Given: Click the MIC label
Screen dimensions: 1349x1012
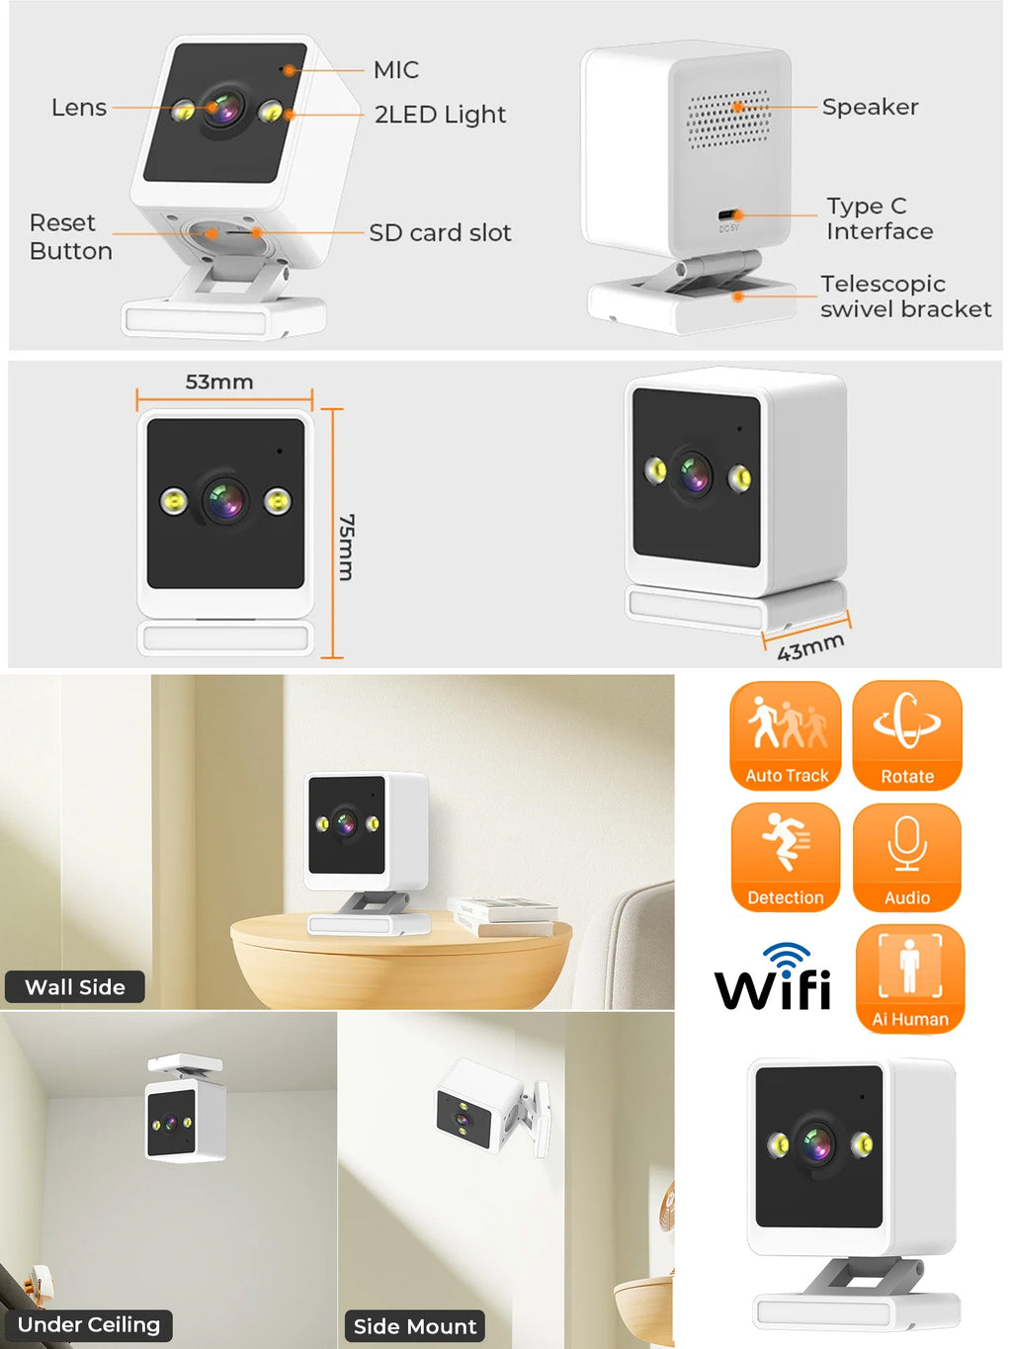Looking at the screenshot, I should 395,70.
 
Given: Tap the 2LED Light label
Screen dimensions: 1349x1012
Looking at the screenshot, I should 440,115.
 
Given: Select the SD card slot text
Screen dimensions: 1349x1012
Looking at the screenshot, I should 440,233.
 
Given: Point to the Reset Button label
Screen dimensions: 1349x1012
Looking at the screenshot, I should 70,237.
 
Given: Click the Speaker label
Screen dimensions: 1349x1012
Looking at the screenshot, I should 870,107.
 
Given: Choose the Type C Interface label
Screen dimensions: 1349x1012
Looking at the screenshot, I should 879,218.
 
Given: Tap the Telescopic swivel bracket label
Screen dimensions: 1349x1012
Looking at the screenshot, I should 904,296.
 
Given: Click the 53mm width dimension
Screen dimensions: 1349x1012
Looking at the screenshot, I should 219,382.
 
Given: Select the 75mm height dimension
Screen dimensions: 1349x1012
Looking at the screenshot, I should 346,547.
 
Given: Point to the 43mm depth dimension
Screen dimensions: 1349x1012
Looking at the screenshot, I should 810,647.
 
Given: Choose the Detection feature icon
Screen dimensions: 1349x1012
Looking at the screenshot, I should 786,857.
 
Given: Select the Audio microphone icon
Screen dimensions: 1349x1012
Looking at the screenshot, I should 907,857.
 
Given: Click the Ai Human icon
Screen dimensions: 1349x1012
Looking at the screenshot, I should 909,978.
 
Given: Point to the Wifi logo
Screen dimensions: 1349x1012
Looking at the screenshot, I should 773,978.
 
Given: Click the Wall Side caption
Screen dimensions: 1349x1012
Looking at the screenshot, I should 75,987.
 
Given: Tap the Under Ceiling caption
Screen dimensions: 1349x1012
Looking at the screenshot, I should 89,1325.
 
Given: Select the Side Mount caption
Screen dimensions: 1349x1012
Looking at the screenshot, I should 415,1326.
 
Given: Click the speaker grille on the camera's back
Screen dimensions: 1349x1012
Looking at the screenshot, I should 729,119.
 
